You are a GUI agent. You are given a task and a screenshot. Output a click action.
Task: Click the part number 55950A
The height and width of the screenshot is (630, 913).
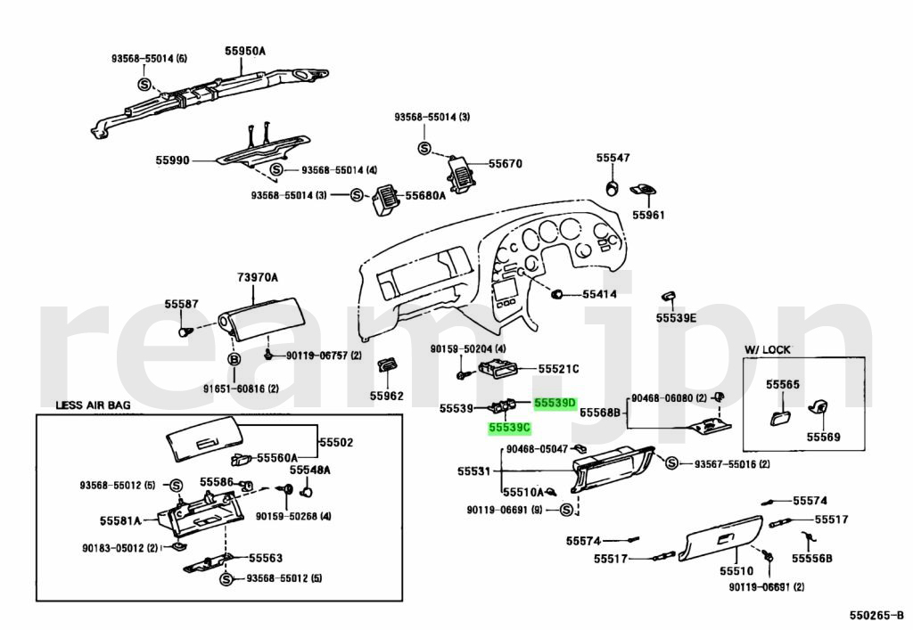coord(244,52)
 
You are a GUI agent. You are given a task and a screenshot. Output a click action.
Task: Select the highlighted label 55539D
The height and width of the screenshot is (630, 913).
coord(555,403)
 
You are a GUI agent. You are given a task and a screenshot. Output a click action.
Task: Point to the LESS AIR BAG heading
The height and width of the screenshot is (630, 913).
coord(93,405)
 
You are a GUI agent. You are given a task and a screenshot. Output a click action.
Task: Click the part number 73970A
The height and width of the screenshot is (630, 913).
coord(258,278)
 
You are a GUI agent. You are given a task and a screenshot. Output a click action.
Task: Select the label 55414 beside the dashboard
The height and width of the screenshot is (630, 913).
coord(599,293)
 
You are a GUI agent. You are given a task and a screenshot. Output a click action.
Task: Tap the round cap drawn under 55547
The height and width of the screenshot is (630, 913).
coord(613,187)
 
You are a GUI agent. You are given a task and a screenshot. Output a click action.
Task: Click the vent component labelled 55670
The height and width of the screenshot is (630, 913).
coord(462,168)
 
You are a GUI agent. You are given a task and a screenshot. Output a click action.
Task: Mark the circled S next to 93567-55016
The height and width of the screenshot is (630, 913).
coord(672,463)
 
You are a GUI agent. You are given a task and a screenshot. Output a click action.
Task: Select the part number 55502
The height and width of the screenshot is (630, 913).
coord(336,442)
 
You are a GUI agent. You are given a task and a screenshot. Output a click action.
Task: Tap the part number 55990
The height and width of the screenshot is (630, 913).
coord(172,160)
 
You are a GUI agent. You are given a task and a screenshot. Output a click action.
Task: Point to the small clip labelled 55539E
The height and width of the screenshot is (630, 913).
coord(668,297)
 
